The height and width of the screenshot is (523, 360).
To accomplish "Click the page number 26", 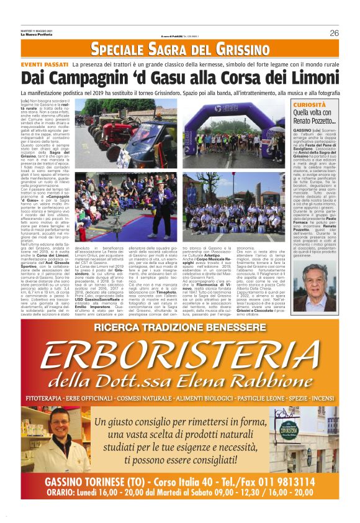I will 333,34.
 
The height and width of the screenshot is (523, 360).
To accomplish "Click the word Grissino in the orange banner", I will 236,50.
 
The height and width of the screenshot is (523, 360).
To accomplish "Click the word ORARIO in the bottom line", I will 63,493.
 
